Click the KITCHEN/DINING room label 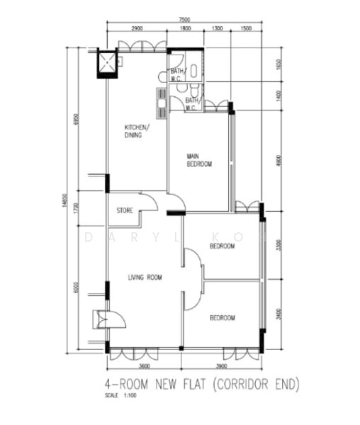click(x=135, y=131)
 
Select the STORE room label click(x=125, y=210)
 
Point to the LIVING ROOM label click(x=145, y=278)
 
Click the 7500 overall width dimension click(x=184, y=19)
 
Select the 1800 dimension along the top click(x=185, y=29)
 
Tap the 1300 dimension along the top click(x=217, y=29)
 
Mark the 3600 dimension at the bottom click(x=145, y=366)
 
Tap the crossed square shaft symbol click(x=107, y=63)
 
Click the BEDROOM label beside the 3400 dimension click(x=222, y=318)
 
